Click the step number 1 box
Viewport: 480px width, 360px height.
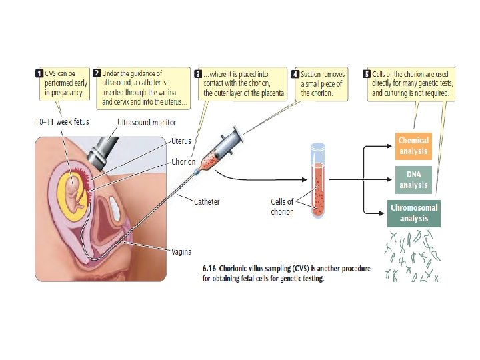(x=39, y=73)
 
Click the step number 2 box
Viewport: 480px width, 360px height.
(x=97, y=73)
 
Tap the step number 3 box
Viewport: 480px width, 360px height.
(x=198, y=73)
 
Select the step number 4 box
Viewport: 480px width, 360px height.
(x=295, y=73)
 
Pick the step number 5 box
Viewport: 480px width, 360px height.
(x=367, y=73)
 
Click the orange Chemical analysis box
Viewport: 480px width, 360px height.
(x=413, y=145)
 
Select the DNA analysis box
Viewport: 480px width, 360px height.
(x=413, y=179)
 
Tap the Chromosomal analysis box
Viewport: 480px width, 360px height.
(x=415, y=213)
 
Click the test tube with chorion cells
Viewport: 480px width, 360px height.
(x=319, y=190)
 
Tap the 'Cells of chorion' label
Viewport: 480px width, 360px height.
(x=282, y=207)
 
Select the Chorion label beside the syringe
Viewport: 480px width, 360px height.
(x=183, y=161)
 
